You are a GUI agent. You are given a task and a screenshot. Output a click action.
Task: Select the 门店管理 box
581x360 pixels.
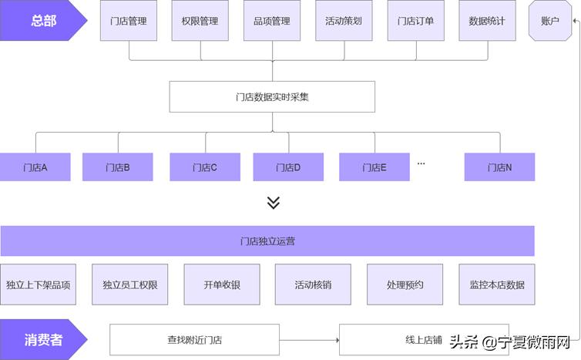click(129, 21)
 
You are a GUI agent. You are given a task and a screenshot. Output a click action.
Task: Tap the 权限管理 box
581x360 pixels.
click(200, 21)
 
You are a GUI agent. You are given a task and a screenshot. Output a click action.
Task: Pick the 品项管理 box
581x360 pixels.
click(272, 21)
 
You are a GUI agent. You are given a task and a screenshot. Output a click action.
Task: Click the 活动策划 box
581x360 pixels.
click(344, 21)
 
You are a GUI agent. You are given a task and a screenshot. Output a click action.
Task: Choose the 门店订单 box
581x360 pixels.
click(415, 21)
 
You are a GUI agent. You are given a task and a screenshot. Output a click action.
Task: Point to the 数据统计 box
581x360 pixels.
click(487, 21)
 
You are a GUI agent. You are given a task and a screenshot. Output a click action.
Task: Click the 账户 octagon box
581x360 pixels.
click(551, 21)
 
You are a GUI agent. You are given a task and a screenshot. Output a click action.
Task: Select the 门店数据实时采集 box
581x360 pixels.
click(272, 97)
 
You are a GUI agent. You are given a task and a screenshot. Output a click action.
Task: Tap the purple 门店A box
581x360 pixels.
click(35, 167)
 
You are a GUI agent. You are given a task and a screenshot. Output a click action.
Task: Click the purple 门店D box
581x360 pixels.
click(287, 167)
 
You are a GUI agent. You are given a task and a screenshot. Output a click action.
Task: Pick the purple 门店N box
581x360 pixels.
click(499, 167)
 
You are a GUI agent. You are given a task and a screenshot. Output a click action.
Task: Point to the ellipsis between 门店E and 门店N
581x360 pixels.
click(421, 163)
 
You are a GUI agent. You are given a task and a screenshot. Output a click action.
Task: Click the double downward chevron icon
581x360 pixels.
click(273, 203)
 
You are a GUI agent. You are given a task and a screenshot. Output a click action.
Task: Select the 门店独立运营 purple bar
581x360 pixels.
click(267, 241)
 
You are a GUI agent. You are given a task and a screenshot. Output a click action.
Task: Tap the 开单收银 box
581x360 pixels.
click(222, 284)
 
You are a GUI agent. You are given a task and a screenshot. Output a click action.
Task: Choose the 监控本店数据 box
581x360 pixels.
click(497, 284)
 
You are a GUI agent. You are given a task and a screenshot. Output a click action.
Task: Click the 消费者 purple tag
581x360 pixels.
click(42, 339)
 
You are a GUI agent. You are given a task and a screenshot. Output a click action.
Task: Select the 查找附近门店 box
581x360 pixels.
click(194, 339)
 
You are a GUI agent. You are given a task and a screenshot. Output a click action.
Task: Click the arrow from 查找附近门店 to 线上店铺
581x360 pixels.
click(309, 339)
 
